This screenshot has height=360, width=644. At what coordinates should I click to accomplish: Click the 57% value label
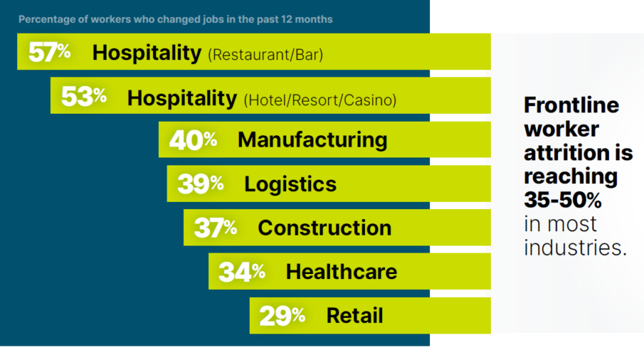(x=49, y=52)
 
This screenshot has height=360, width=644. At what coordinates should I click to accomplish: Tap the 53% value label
(x=83, y=97)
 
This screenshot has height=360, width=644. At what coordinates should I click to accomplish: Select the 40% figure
(x=192, y=140)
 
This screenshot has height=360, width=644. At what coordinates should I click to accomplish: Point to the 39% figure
(x=200, y=184)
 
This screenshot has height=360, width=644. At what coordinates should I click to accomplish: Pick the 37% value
(x=215, y=228)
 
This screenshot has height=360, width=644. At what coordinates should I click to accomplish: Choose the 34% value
(x=241, y=272)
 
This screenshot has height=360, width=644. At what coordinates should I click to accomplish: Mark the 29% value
(x=282, y=315)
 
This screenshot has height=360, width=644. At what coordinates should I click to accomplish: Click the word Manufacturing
(x=312, y=140)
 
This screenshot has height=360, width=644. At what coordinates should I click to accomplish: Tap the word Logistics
(x=290, y=184)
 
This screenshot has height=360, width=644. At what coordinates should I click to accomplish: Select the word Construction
(x=324, y=228)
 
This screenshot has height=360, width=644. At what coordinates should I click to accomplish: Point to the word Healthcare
(x=341, y=272)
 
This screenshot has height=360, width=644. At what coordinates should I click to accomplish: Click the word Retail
(x=354, y=315)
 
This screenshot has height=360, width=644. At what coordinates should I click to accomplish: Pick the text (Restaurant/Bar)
(x=265, y=54)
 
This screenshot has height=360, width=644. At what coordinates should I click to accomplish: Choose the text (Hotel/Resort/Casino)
(x=320, y=99)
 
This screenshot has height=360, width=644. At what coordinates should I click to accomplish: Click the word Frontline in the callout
(x=571, y=106)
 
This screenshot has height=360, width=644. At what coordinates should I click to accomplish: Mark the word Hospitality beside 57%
(x=147, y=52)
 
